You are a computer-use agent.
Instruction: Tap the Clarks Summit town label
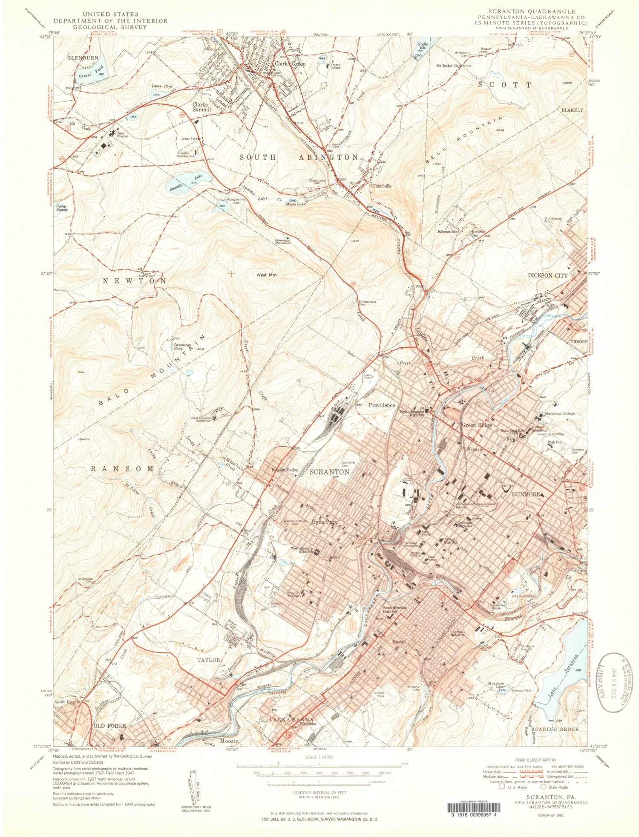201,107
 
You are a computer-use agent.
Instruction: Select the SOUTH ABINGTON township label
299,157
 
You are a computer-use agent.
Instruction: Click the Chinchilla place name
381,186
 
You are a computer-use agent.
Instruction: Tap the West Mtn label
267,275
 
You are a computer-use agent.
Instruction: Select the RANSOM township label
122,468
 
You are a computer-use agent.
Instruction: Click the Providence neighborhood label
381,405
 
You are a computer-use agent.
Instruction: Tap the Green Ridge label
477,425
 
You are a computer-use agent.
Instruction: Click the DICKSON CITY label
547,276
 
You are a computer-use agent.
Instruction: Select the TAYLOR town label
208,660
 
